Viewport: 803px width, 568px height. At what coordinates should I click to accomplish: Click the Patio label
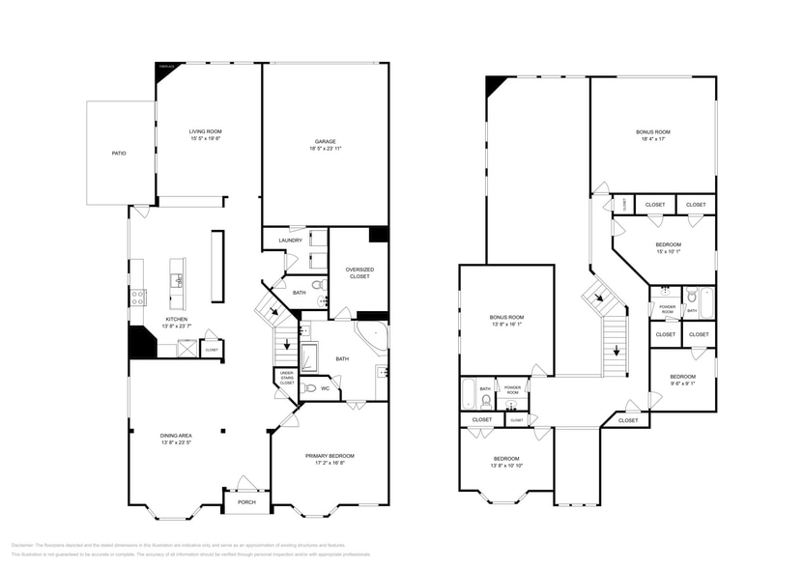[x=118, y=154]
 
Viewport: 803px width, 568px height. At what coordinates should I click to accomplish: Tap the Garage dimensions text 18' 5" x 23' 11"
[x=325, y=149]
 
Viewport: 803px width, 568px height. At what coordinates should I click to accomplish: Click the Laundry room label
[x=290, y=241]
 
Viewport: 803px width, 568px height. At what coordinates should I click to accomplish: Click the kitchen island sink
[x=177, y=281]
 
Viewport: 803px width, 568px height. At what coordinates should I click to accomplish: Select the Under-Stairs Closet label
[x=287, y=379]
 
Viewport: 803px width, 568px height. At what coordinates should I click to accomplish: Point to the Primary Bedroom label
[x=330, y=456]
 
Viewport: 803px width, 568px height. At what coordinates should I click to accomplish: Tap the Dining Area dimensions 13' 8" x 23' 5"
[x=177, y=443]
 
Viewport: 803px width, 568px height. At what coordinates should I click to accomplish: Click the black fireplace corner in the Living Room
[x=167, y=70]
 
